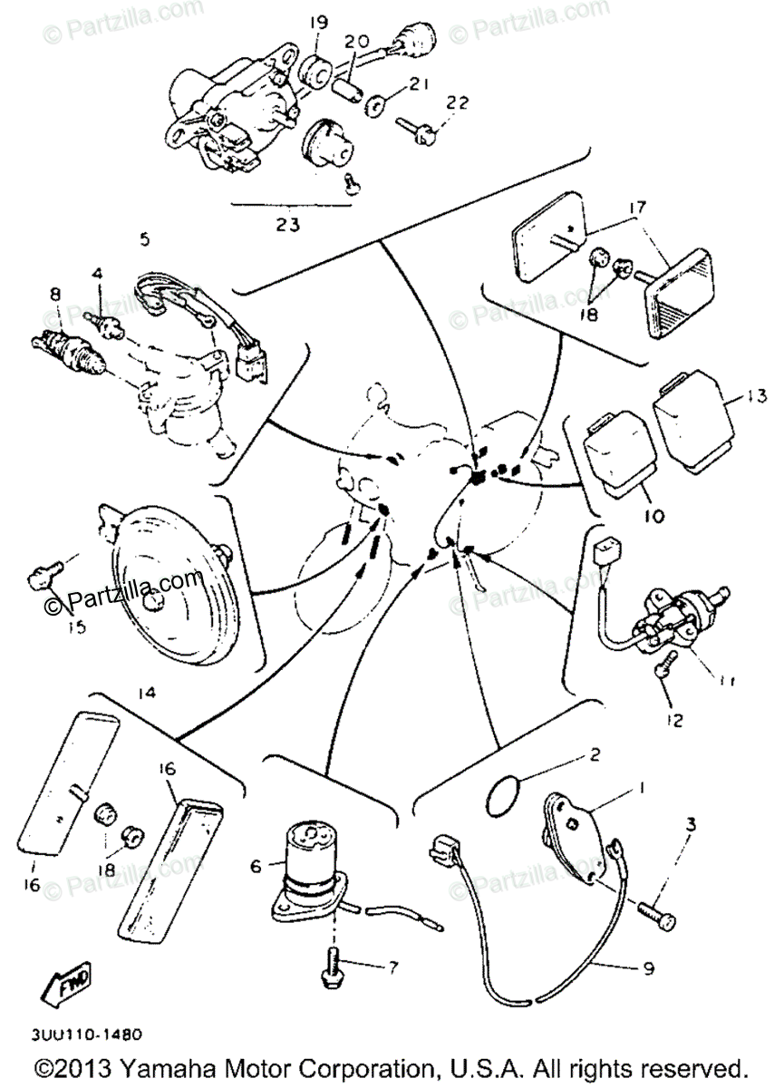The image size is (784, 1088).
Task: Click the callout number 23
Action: (287, 225)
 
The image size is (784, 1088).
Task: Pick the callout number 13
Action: (758, 395)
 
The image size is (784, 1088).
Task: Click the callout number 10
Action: (653, 518)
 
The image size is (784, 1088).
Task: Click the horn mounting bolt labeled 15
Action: (44, 573)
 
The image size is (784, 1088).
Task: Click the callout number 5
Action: (144, 240)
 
